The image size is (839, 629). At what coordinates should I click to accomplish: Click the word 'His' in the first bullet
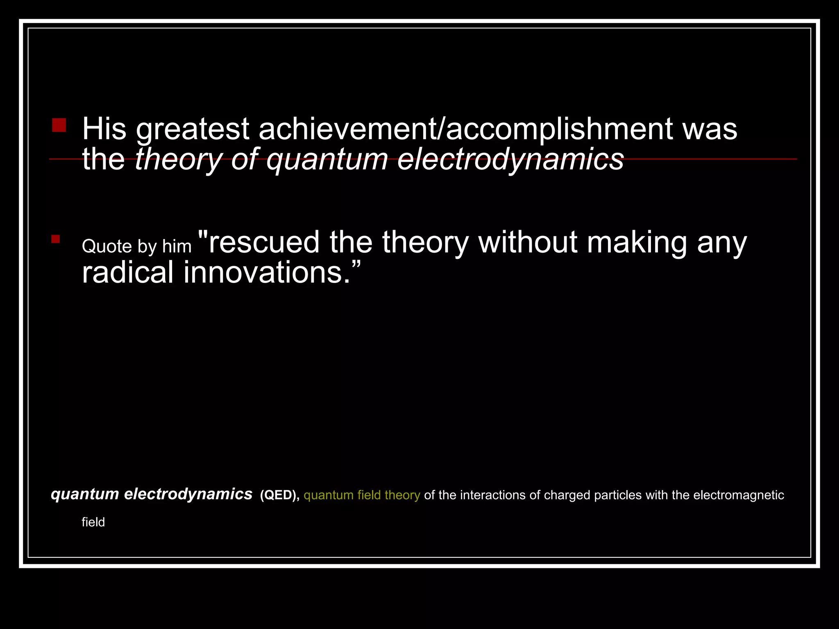click(x=104, y=129)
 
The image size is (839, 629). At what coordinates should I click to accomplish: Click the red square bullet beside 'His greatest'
click(x=59, y=125)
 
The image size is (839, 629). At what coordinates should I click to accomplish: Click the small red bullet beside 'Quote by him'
click(x=56, y=239)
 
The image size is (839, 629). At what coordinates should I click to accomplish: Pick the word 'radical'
click(x=127, y=273)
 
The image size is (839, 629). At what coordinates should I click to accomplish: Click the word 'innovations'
click(x=262, y=273)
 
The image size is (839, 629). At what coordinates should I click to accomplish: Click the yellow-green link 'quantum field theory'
click(x=362, y=495)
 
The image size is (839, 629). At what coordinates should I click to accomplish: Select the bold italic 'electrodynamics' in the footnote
click(x=188, y=494)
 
